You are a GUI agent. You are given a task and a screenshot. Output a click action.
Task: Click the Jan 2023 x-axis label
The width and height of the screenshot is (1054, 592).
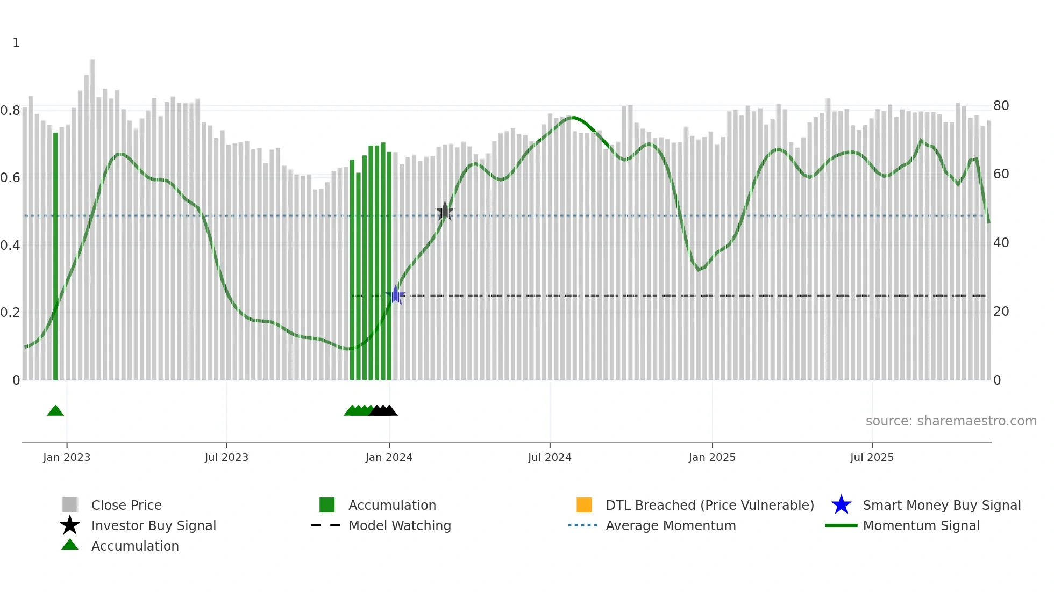click(67, 457)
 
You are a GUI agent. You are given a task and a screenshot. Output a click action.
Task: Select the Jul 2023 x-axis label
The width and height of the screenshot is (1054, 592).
click(226, 457)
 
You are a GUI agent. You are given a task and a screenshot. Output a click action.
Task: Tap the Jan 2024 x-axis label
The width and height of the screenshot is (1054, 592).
click(389, 457)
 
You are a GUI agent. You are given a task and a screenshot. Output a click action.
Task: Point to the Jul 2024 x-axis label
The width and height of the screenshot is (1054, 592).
click(550, 457)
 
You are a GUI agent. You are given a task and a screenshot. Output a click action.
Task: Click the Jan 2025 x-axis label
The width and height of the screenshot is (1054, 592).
click(712, 457)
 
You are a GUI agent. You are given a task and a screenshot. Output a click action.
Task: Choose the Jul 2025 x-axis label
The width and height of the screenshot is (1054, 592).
click(872, 457)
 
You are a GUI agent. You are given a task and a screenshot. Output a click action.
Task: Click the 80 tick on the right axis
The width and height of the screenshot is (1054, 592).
click(1001, 105)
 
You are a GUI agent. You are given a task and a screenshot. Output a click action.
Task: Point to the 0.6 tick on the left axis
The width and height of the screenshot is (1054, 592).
click(10, 177)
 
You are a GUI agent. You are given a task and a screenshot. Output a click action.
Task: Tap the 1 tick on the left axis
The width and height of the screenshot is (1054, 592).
click(16, 42)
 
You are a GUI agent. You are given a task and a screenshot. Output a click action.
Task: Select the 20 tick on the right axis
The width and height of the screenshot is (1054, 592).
click(1001, 311)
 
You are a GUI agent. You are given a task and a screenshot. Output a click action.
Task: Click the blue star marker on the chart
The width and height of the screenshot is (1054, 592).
click(396, 295)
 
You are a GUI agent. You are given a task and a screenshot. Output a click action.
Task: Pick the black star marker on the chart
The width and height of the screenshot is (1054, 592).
click(445, 211)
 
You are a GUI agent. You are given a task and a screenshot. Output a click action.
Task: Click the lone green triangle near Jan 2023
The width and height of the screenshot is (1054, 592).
click(55, 411)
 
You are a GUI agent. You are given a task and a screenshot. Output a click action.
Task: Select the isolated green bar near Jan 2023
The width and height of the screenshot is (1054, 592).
click(55, 256)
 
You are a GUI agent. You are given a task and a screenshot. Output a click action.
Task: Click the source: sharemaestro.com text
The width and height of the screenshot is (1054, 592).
click(951, 421)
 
